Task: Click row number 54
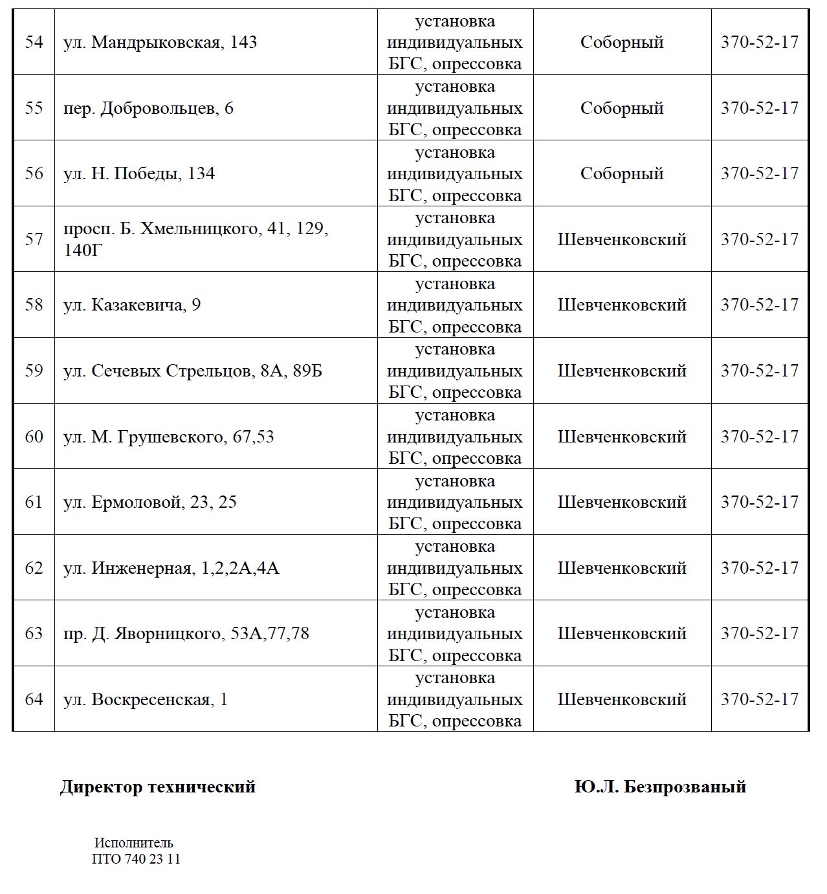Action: click(34, 43)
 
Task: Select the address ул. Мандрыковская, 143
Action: click(160, 43)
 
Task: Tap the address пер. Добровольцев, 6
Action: click(148, 108)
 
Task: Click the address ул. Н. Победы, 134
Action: click(139, 174)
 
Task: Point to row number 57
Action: click(34, 239)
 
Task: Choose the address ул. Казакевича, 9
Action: click(132, 305)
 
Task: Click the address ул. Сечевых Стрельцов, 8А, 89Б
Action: click(192, 371)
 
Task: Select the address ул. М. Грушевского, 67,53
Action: click(168, 437)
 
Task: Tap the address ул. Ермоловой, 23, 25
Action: click(149, 502)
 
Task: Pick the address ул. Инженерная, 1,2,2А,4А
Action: click(171, 568)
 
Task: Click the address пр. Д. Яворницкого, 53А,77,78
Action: click(186, 633)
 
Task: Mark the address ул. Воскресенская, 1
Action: click(145, 699)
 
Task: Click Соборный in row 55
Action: click(622, 108)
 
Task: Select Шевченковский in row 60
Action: click(622, 437)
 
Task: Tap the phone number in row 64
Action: click(760, 699)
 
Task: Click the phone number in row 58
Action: click(760, 305)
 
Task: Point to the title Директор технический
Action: click(157, 787)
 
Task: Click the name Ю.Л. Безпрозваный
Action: click(660, 787)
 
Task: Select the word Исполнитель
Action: click(134, 843)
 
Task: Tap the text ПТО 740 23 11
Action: click(137, 859)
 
